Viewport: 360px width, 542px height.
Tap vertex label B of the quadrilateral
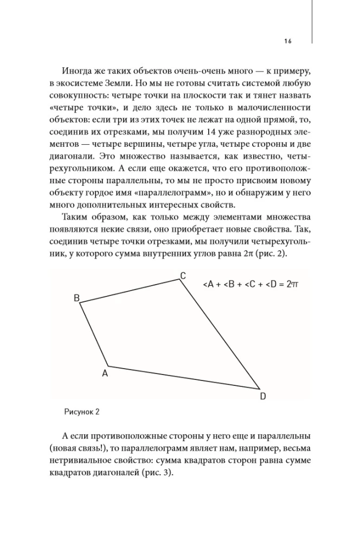point(77,298)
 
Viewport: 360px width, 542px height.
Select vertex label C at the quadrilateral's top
point(183,276)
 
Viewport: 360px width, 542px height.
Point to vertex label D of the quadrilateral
point(263,396)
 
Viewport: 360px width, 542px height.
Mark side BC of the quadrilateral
point(130,291)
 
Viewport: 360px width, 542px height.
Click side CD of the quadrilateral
point(220,334)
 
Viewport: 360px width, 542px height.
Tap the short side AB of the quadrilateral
point(94,334)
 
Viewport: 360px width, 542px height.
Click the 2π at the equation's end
point(293,284)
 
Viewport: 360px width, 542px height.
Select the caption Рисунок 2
point(82,411)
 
